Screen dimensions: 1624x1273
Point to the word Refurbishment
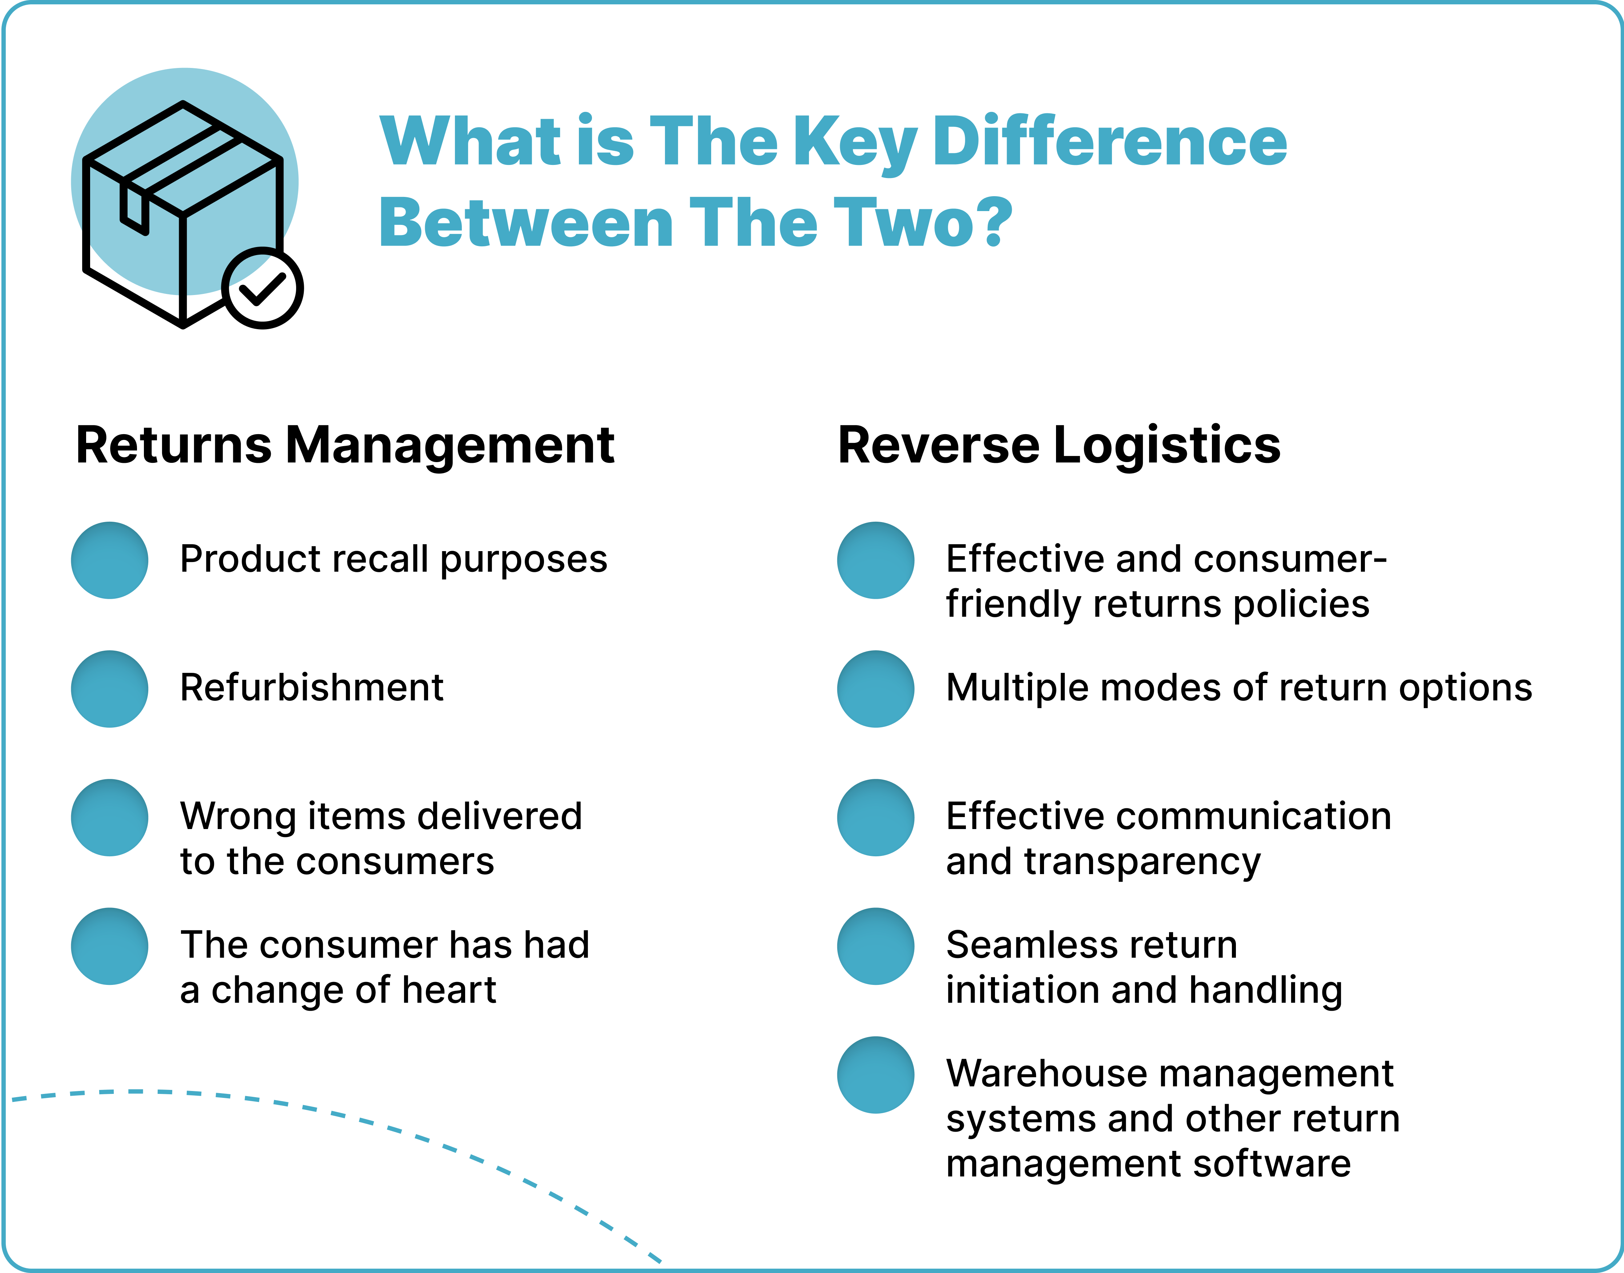coord(311,687)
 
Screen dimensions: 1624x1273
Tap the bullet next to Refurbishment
coord(109,689)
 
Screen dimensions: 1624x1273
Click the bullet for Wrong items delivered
coord(109,818)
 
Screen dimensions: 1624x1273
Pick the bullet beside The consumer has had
coord(109,946)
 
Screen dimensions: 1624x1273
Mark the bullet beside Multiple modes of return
coord(876,689)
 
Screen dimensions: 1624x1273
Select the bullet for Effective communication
coord(876,818)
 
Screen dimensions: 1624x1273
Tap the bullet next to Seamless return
coord(876,946)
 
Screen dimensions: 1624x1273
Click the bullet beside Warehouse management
coord(876,1075)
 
